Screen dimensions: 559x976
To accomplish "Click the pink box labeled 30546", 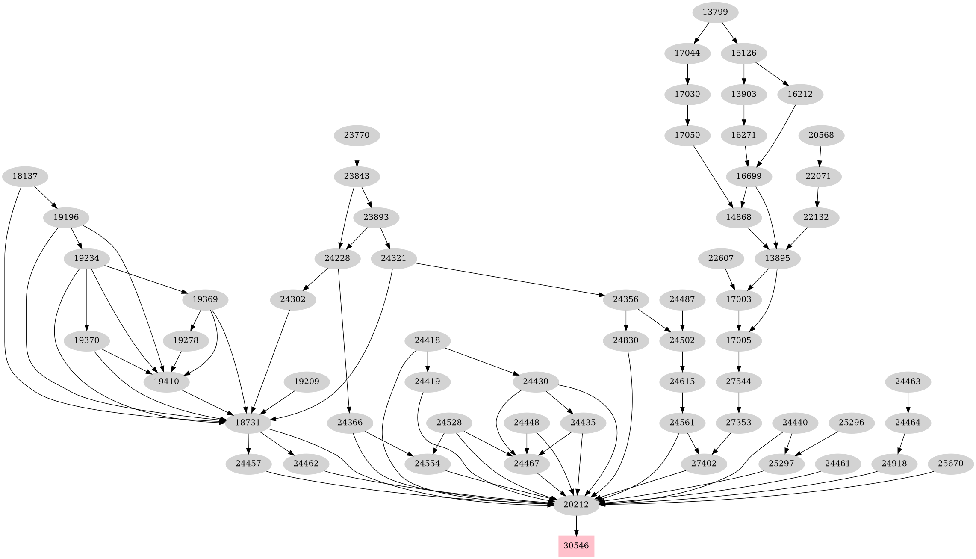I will click(576, 546).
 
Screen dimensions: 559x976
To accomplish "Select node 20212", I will click(576, 505).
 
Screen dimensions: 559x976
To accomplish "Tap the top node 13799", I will click(715, 12).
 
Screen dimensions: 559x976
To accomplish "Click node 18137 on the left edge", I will click(24, 176).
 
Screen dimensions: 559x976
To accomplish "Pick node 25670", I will click(950, 464).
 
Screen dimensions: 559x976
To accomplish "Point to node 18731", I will click(248, 423).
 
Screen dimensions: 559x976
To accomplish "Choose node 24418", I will click(428, 340).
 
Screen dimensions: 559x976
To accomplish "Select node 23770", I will click(357, 135).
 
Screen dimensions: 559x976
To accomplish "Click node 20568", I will click(821, 135).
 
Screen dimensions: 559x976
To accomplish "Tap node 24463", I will click(908, 382).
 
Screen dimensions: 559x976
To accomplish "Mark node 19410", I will click(166, 382).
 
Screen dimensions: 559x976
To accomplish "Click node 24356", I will click(625, 299).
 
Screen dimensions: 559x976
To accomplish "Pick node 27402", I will click(704, 464).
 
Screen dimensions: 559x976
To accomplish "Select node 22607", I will click(721, 258).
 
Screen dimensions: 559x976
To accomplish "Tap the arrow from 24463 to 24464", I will click(908, 402).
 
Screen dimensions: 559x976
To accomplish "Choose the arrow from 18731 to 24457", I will click(248, 443).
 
